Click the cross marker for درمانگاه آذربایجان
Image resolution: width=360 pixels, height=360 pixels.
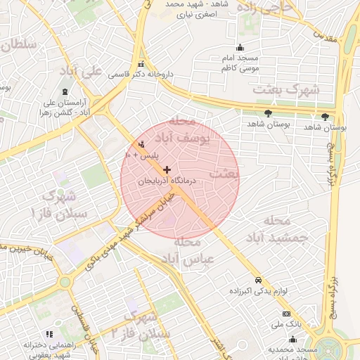click(x=167, y=169)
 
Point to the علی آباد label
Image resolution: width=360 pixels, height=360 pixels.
click(x=103, y=72)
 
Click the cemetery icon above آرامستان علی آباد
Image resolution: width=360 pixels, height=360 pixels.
click(x=65, y=92)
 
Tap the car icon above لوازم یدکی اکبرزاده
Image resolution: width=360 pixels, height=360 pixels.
click(x=259, y=279)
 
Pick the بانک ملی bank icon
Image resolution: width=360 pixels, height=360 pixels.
click(x=285, y=314)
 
